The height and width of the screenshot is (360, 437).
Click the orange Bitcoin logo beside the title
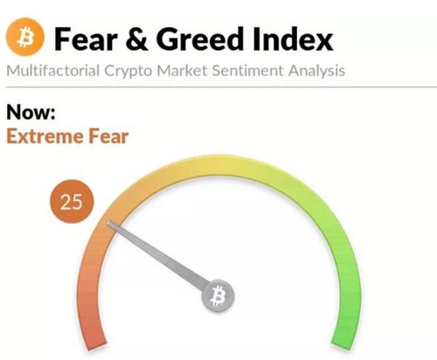click(x=25, y=37)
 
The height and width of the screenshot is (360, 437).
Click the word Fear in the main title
click(x=86, y=39)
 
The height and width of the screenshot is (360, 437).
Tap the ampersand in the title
click(x=136, y=39)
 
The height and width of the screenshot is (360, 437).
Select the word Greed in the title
click(x=199, y=39)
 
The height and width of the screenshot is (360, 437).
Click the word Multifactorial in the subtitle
click(x=53, y=71)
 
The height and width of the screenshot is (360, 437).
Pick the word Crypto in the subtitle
click(x=128, y=72)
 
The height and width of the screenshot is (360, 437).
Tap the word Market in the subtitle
click(x=182, y=71)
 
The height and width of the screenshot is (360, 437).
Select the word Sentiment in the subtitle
click(x=247, y=71)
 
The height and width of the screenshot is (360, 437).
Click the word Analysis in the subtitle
click(x=316, y=72)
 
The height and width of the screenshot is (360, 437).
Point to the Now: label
click(x=31, y=112)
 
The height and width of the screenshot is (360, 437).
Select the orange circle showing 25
click(x=72, y=202)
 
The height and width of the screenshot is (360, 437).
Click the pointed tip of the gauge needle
click(x=108, y=222)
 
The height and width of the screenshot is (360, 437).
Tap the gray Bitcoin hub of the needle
click(x=218, y=295)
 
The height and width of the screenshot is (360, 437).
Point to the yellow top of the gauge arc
click(x=218, y=165)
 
